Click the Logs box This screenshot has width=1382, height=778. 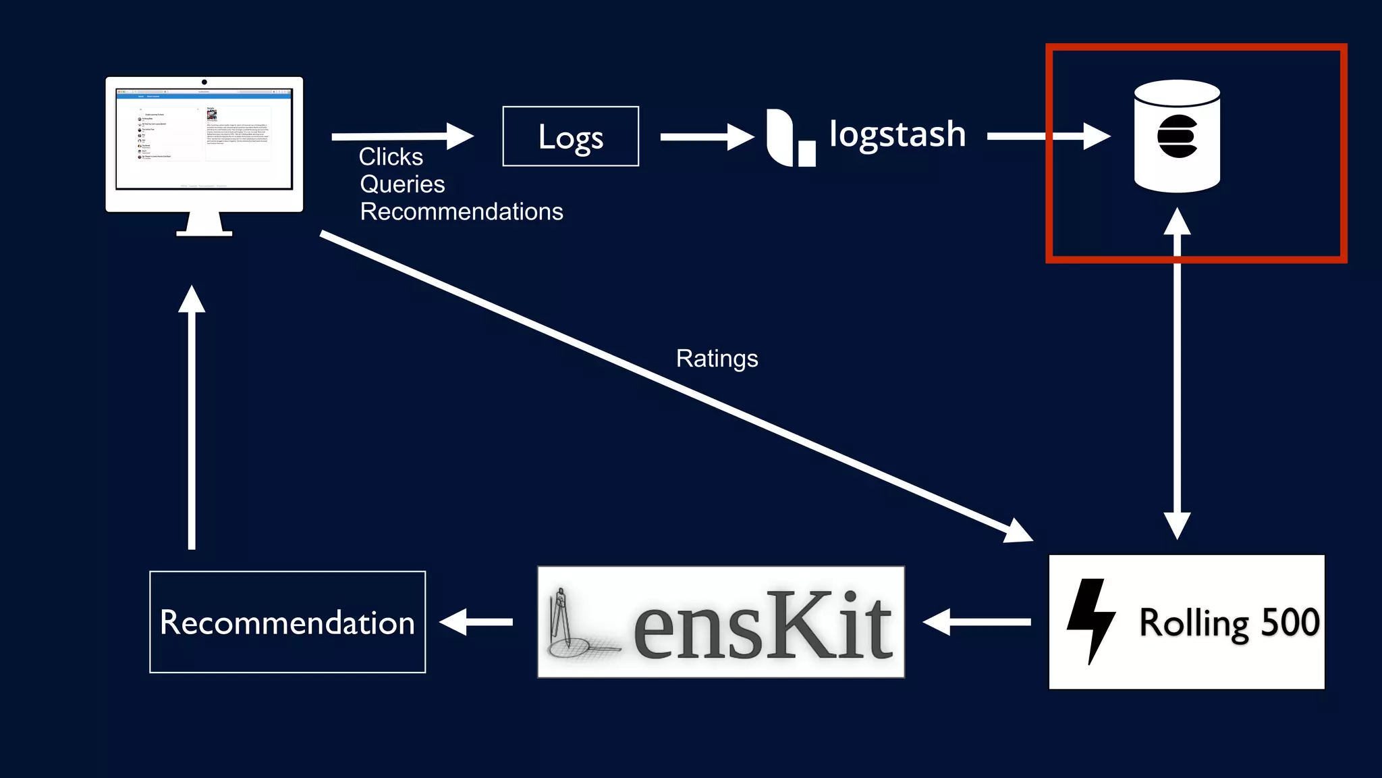coord(570,136)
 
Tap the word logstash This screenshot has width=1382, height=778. coord(897,134)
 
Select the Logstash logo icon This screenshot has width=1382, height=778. coord(790,138)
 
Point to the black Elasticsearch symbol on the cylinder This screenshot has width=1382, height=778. coord(1177,136)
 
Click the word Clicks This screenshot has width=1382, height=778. coord(391,157)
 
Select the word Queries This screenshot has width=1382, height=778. coord(402,184)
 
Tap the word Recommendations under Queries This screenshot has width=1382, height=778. coord(462,212)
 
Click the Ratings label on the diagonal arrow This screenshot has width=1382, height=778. coord(717,359)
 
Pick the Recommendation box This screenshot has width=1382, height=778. coord(287,622)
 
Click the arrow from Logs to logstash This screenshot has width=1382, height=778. coord(706,137)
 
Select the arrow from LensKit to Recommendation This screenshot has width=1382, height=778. coord(476,622)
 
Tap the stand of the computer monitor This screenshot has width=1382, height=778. coord(204,225)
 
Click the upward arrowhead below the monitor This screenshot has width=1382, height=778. coord(192,299)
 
